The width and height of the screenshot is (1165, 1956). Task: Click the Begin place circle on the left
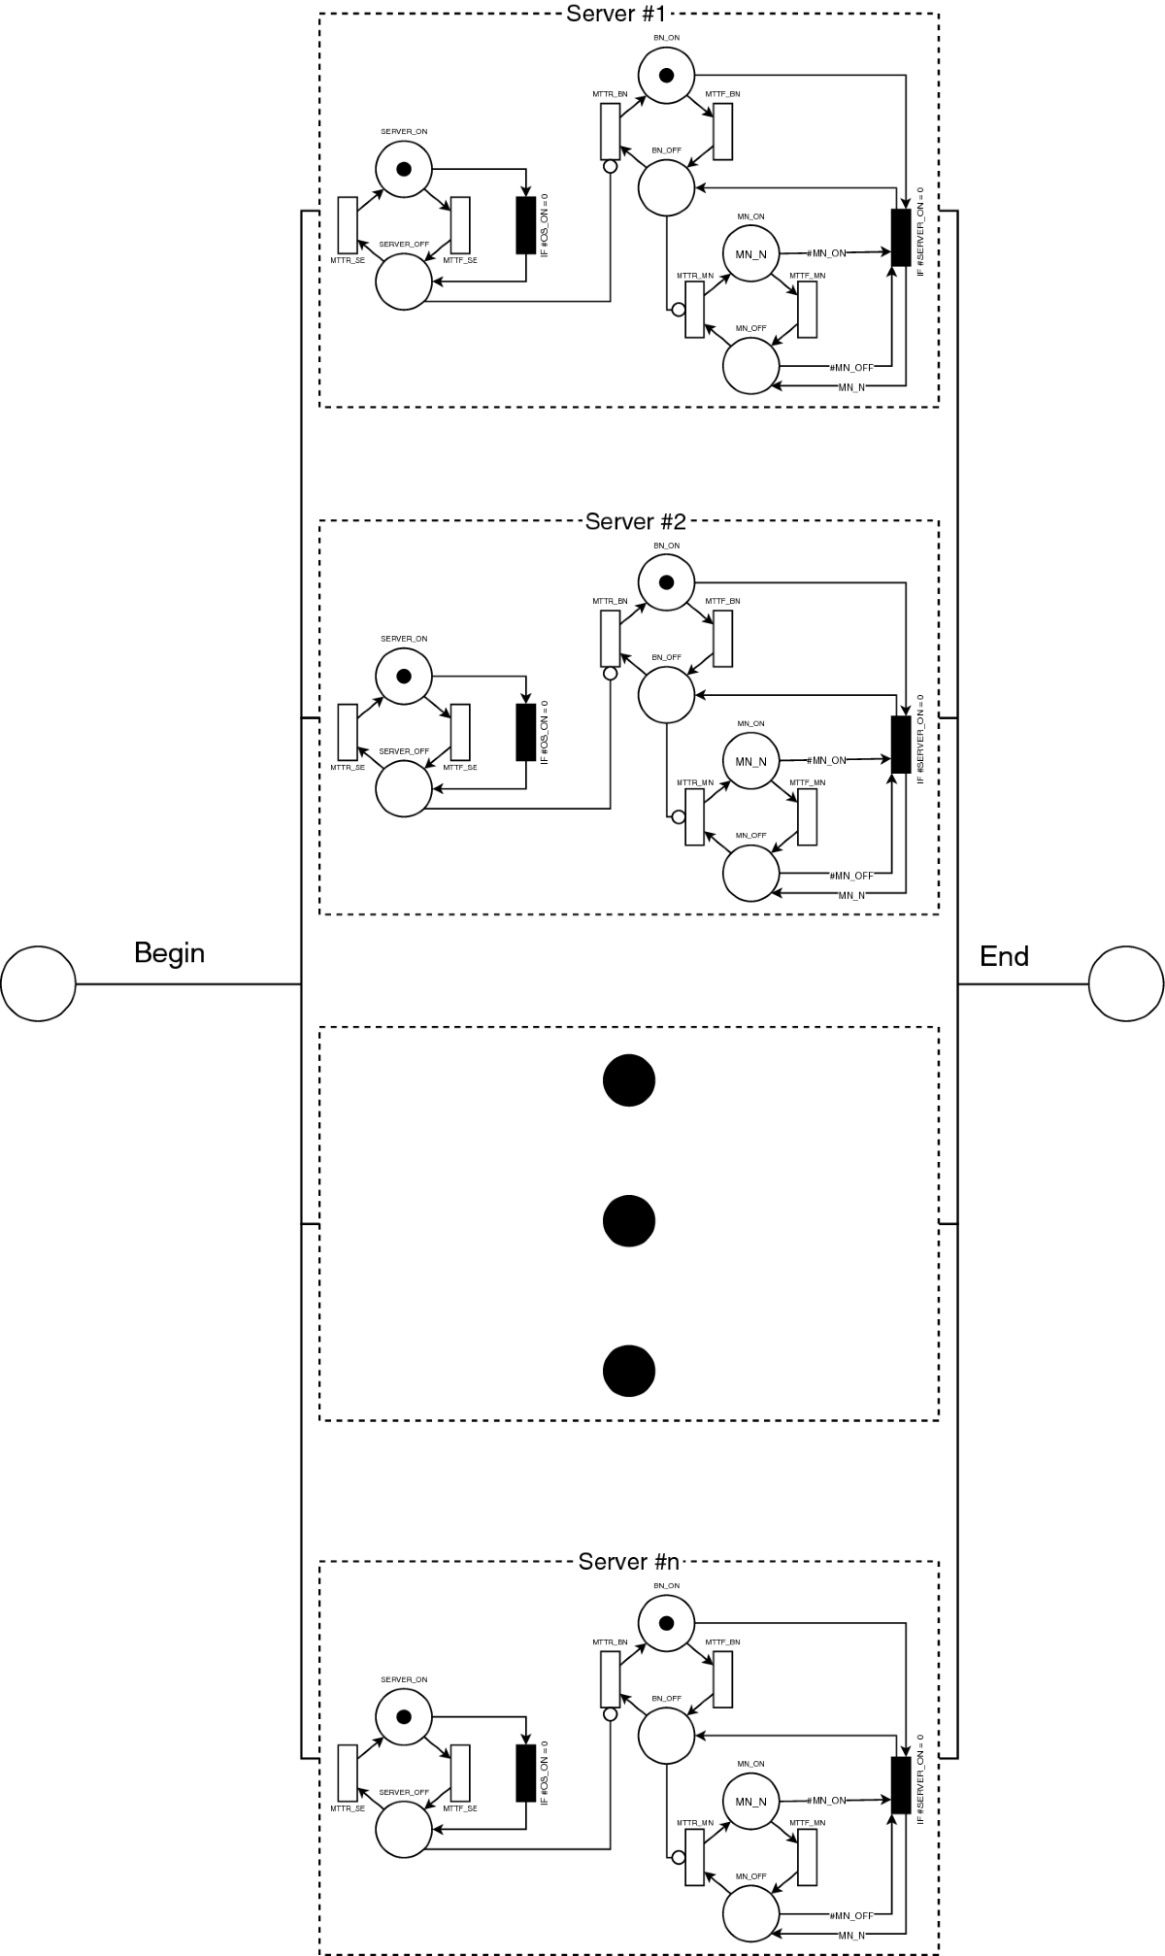[x=38, y=983]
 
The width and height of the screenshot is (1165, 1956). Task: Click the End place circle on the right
[x=1126, y=983]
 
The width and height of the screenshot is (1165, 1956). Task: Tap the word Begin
[x=169, y=952]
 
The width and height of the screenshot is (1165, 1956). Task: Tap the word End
[x=1004, y=956]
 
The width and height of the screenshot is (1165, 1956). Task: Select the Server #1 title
[x=616, y=14]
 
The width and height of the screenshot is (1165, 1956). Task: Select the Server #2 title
[x=635, y=521]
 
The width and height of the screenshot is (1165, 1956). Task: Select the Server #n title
[x=628, y=1562]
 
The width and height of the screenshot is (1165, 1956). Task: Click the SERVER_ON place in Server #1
[x=404, y=169]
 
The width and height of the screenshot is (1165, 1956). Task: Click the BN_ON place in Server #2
[x=666, y=582]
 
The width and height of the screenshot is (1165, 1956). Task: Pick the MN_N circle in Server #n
[x=750, y=1802]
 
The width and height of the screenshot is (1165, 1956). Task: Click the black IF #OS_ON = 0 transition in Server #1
[x=525, y=224]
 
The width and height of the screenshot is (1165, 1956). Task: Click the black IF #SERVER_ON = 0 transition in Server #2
[x=901, y=745]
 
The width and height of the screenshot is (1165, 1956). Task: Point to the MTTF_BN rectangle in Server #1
[x=722, y=130]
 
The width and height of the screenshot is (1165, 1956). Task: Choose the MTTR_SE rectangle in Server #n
[x=348, y=1773]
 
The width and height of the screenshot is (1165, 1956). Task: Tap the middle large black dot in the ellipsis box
[x=629, y=1220]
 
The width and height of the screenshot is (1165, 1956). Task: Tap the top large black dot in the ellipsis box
[x=629, y=1079]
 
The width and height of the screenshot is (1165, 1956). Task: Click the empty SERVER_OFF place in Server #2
[x=403, y=788]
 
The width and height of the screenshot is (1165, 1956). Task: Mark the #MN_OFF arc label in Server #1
[x=851, y=367]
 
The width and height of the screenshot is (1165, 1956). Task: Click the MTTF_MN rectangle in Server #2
[x=807, y=816]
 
